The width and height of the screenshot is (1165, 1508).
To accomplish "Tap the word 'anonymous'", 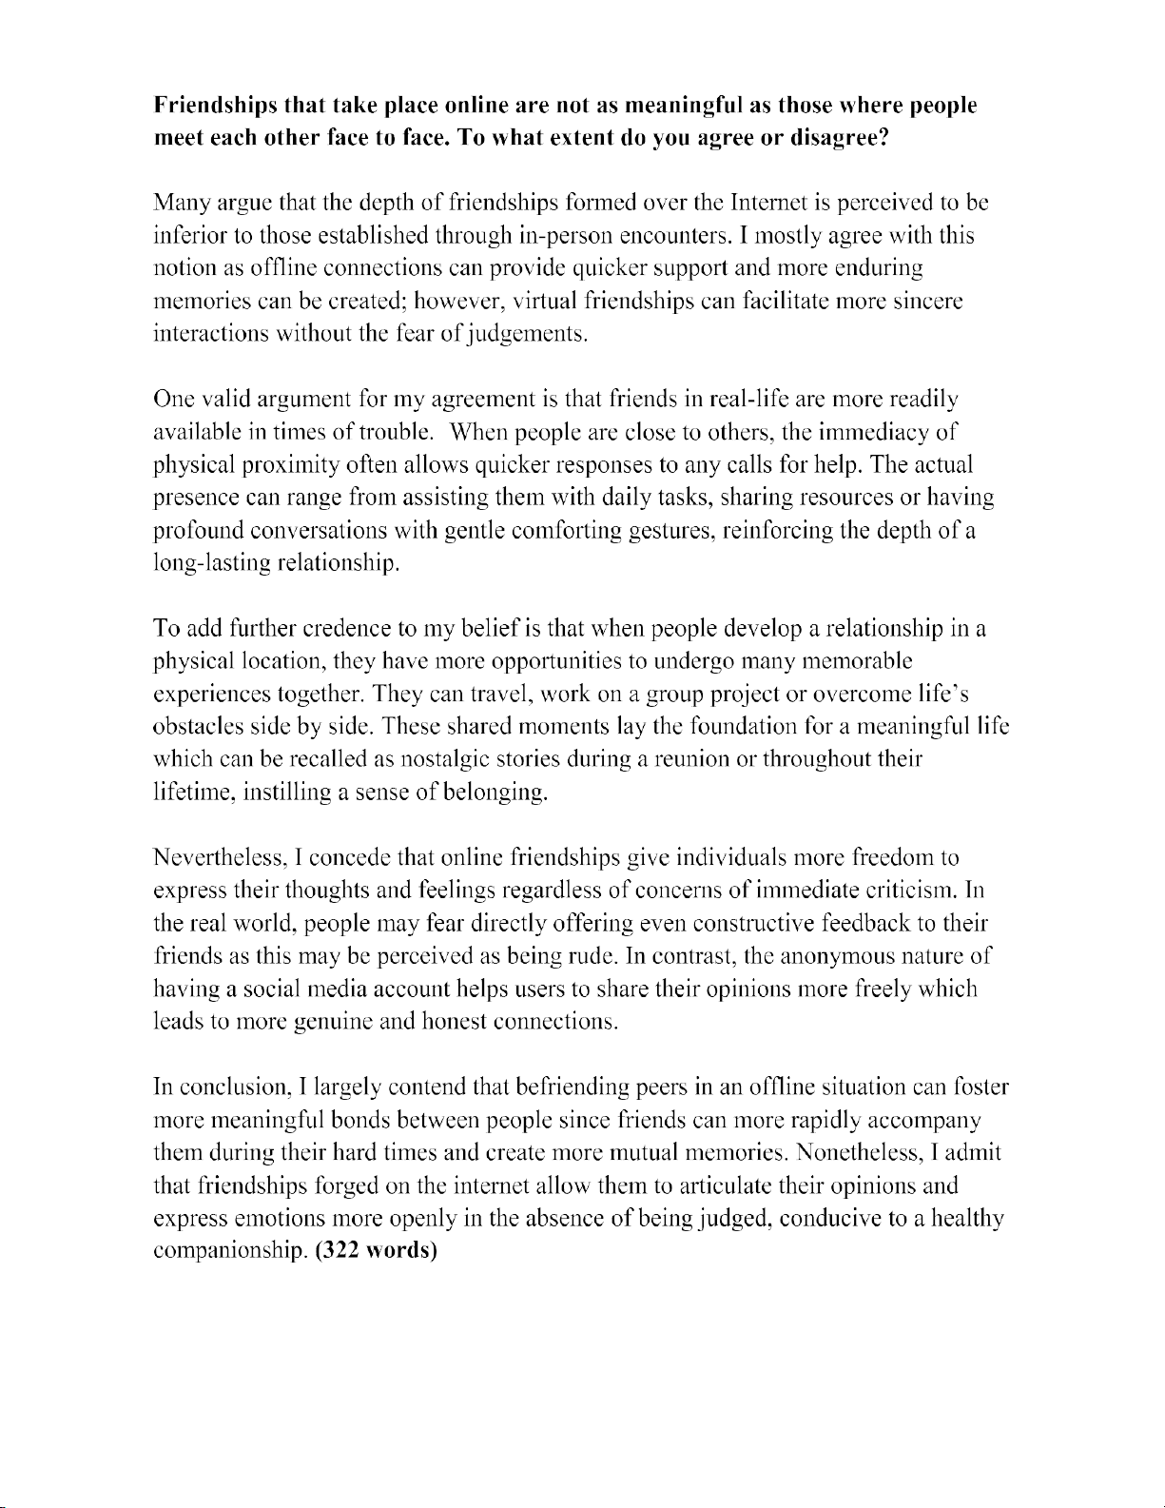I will (825, 956).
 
